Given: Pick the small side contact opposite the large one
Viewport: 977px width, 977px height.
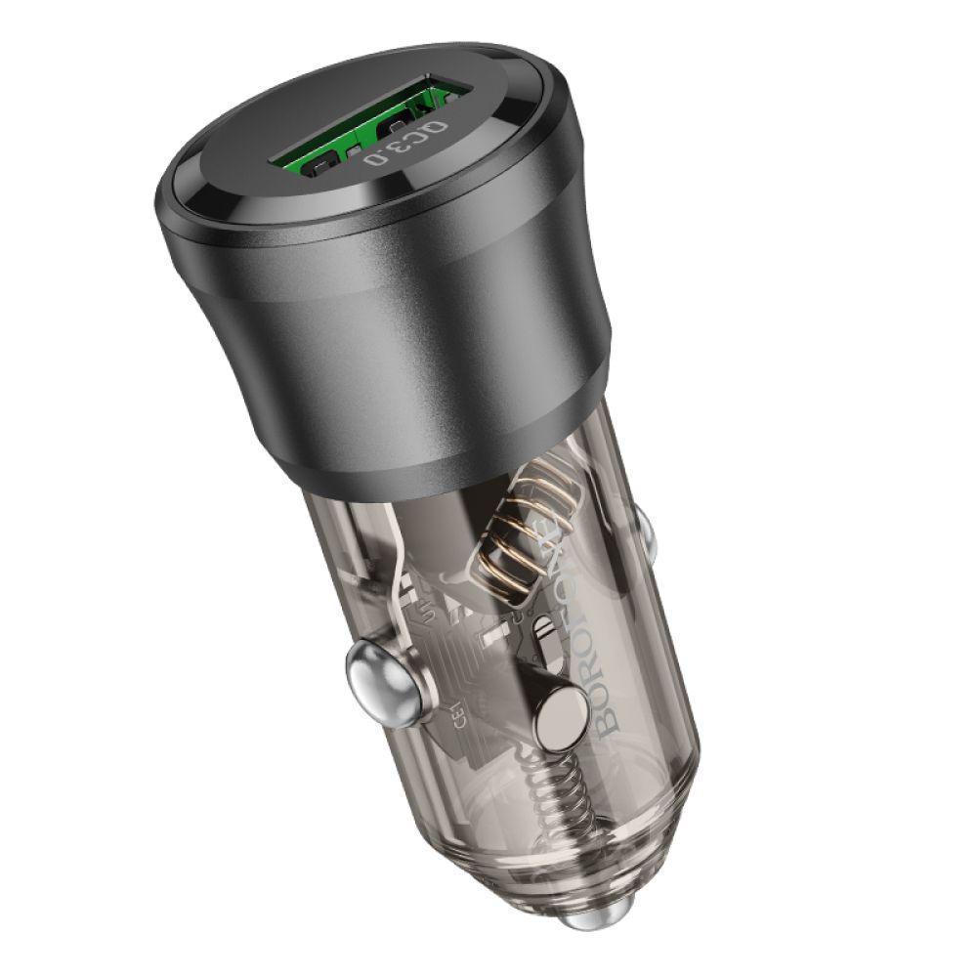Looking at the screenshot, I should (643, 528).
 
